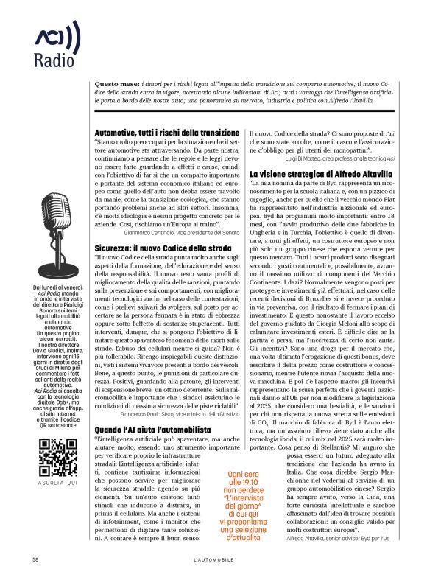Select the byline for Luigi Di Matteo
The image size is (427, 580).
click(347, 158)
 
